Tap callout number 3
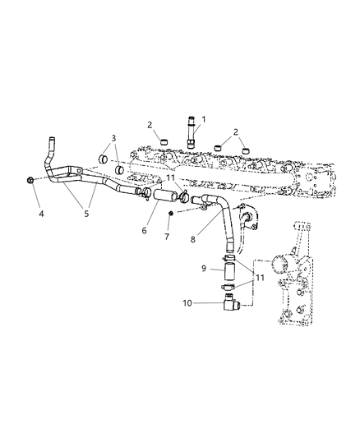tap(114, 138)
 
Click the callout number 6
tap(145, 232)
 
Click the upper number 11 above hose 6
tap(170, 178)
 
